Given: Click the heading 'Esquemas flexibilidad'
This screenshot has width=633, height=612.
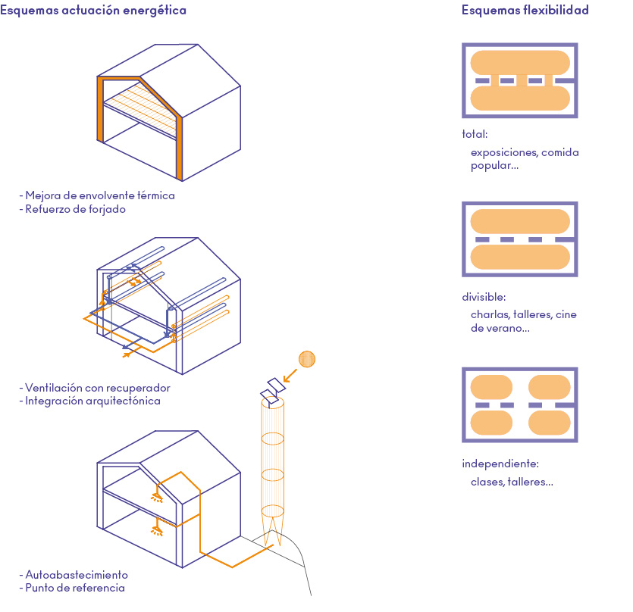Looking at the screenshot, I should [525, 11].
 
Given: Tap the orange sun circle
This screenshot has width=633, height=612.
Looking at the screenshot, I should [306, 359].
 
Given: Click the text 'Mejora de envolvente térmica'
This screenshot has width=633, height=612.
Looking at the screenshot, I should [99, 195].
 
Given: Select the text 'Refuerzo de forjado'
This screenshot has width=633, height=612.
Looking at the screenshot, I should [75, 209].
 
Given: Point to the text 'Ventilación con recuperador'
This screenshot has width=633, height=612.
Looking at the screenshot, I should [97, 388].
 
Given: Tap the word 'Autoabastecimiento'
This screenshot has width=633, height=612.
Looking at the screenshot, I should [77, 574].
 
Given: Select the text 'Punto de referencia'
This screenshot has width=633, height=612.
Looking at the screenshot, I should [74, 588].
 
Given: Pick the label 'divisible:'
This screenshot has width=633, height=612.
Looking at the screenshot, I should [484, 297].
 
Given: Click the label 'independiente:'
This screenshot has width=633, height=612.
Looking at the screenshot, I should [500, 464].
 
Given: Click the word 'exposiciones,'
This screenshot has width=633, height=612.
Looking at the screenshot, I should [504, 152].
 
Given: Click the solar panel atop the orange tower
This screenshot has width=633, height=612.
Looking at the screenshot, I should [271, 389].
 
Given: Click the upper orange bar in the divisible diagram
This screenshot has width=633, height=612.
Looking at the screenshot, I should [520, 221].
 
